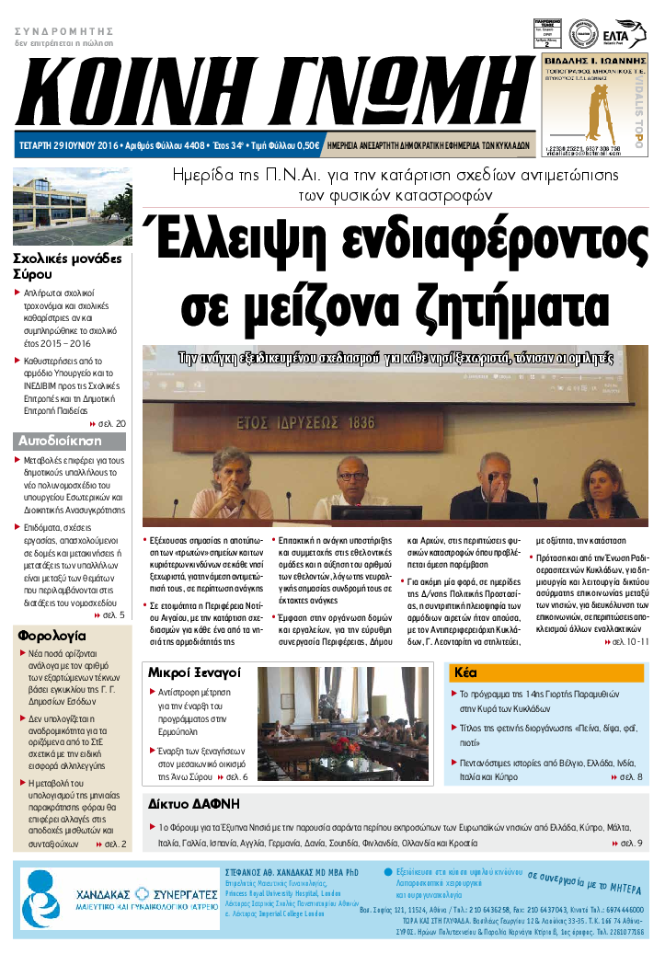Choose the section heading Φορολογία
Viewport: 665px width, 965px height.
click(x=52, y=635)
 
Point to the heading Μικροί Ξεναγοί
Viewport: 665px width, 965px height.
click(x=194, y=672)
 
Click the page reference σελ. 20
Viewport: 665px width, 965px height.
click(x=111, y=423)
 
